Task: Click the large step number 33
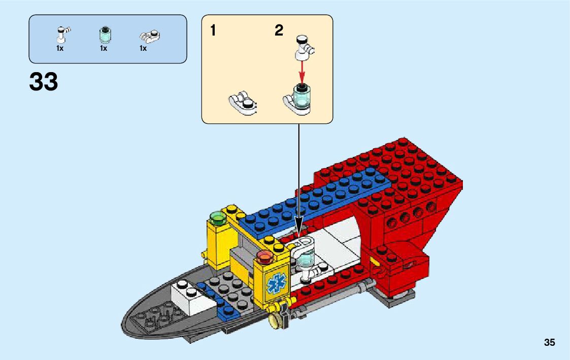tap(44, 82)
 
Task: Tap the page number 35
tap(550, 343)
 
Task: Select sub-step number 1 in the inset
tap(213, 31)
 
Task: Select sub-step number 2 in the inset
tap(279, 31)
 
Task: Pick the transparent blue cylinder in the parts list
tap(104, 35)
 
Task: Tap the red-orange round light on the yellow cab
tap(264, 255)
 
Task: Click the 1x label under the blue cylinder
tap(104, 49)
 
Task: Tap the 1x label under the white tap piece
tap(60, 49)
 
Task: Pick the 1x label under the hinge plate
tap(143, 49)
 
